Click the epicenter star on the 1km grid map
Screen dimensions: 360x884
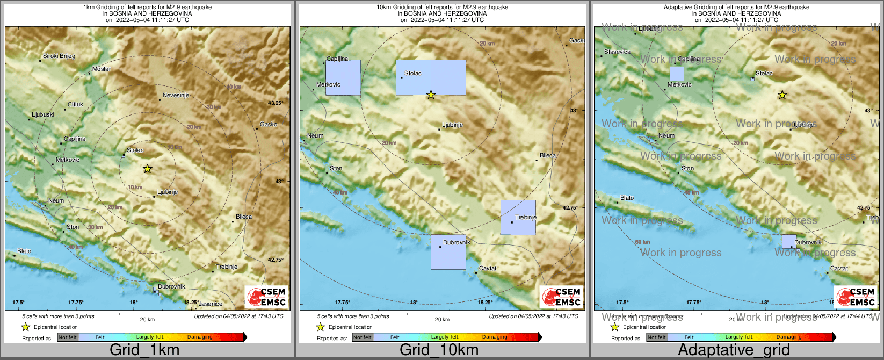148,169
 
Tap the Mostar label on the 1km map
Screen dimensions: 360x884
102,69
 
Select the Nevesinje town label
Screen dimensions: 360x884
176,95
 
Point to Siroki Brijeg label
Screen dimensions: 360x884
59,56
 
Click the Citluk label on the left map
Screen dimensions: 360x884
75,104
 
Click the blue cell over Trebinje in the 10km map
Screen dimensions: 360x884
518,218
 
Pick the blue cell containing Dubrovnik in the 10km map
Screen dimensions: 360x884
448,252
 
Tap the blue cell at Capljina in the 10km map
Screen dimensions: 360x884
343,78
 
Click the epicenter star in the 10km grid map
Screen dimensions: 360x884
431,95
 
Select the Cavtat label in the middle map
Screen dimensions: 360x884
488,268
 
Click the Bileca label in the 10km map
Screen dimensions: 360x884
548,155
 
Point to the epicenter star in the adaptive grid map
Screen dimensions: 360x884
782,95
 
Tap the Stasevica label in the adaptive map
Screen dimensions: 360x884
617,52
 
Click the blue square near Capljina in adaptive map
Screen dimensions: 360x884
677,74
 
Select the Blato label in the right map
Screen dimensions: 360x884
627,198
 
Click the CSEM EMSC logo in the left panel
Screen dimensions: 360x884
267,297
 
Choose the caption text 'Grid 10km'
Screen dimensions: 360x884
439,350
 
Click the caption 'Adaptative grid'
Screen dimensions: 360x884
734,350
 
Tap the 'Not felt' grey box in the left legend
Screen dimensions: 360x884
68,337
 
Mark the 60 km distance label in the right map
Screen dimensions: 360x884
642,242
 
